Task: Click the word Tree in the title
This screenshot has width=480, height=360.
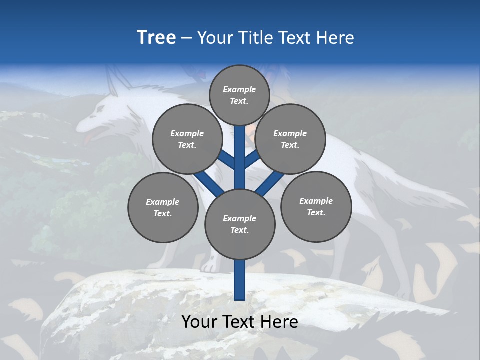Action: tap(156, 38)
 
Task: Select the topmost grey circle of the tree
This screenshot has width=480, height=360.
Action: tap(239, 95)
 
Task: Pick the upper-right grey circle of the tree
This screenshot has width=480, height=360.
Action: tap(290, 139)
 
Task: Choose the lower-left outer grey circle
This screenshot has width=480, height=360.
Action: tap(163, 207)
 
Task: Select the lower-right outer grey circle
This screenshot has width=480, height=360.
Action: tap(316, 206)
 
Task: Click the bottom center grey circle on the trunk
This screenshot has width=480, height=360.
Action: tap(240, 224)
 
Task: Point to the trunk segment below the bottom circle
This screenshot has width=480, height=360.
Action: tap(240, 280)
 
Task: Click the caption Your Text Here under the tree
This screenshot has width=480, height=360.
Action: tap(240, 322)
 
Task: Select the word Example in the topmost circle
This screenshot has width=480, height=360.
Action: tap(239, 89)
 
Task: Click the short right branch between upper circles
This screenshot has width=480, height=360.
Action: tap(251, 160)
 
